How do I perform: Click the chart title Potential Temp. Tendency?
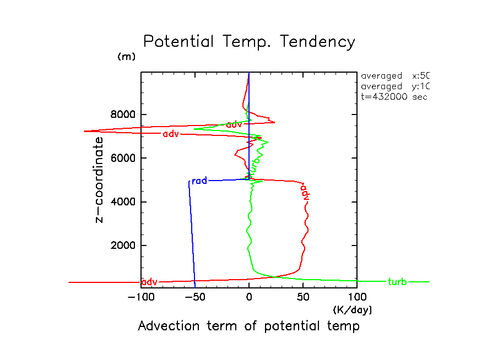pyautogui.click(x=249, y=42)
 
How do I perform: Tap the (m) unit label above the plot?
pyautogui.click(x=126, y=57)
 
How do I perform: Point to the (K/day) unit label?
pyautogui.click(x=353, y=310)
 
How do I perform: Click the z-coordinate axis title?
pyautogui.click(x=100, y=179)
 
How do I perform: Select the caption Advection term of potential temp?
pyautogui.click(x=248, y=326)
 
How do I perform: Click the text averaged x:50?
pyautogui.click(x=394, y=76)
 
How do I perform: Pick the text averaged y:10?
pyautogui.click(x=394, y=86)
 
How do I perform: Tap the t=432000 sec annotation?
pyautogui.click(x=390, y=96)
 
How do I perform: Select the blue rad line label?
pyautogui.click(x=199, y=181)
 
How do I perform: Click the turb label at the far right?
pyautogui.click(x=397, y=282)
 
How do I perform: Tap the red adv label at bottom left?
pyautogui.click(x=149, y=282)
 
